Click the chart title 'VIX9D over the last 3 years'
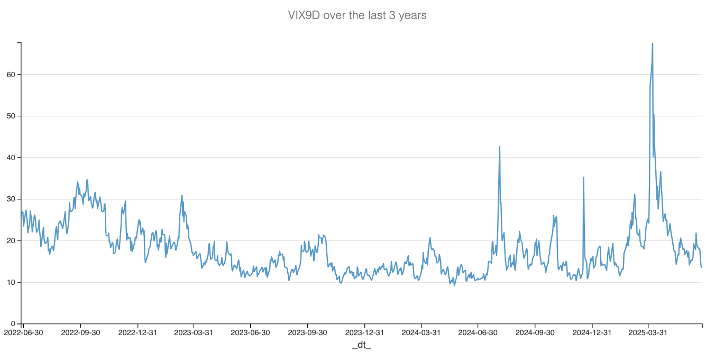pyautogui.click(x=357, y=15)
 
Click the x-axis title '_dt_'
pyautogui.click(x=362, y=345)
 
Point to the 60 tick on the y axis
pyautogui.click(x=11, y=75)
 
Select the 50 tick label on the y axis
pyautogui.click(x=11, y=116)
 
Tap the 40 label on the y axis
pyautogui.click(x=11, y=158)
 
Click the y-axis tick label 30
pyautogui.click(x=11, y=199)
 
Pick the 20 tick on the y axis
pyautogui.click(x=11, y=241)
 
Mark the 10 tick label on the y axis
pyautogui.click(x=11, y=282)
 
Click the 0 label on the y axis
pyautogui.click(x=13, y=324)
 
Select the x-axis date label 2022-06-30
pyautogui.click(x=24, y=333)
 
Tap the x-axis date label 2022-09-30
pyautogui.click(x=80, y=333)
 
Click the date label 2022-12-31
pyautogui.click(x=137, y=333)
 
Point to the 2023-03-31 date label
pyautogui.click(x=194, y=333)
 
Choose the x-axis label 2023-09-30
pyautogui.click(x=307, y=333)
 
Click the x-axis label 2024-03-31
pyautogui.click(x=421, y=333)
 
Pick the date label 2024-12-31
pyautogui.click(x=592, y=333)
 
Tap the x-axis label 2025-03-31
pyautogui.click(x=648, y=333)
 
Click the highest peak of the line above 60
pyautogui.click(x=652, y=44)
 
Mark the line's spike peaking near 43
pyautogui.click(x=499, y=147)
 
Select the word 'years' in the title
pyautogui.click(x=412, y=15)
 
